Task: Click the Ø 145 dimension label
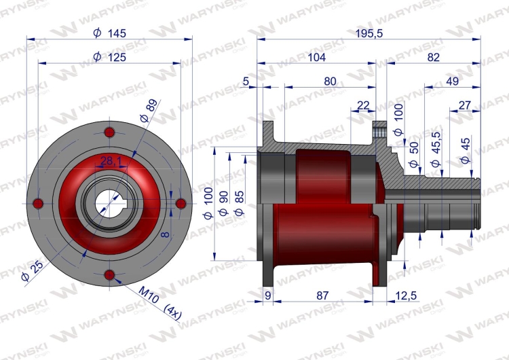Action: point(109,33)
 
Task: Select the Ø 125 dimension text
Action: point(109,57)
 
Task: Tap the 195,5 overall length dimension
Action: point(369,33)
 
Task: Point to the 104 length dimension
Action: point(316,57)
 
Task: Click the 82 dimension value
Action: point(434,57)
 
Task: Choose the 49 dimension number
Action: point(452,82)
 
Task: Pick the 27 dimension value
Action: point(464,105)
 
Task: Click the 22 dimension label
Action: point(363,105)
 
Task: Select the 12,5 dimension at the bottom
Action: point(406,295)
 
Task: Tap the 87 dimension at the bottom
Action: point(322,295)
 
